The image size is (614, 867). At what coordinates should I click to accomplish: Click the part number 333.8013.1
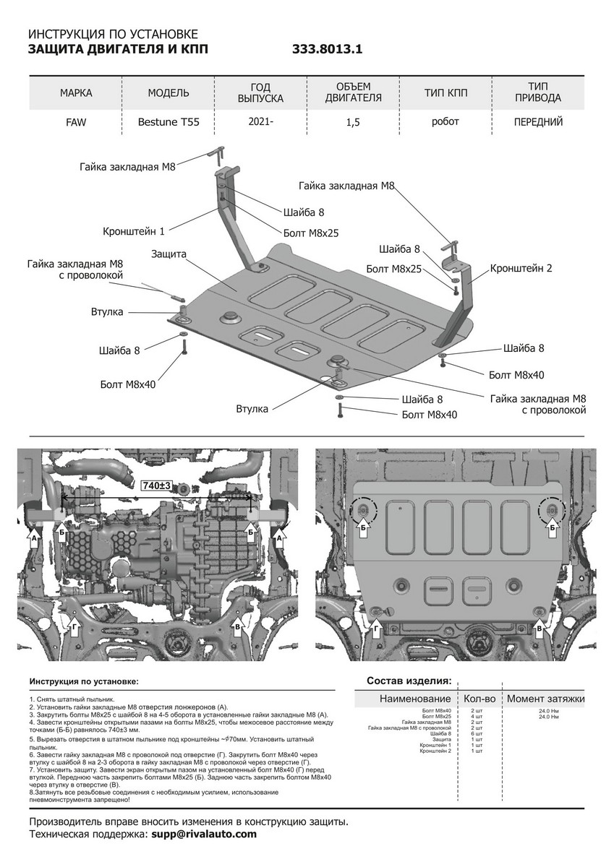click(326, 50)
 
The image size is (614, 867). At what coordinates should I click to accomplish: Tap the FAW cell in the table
click(75, 122)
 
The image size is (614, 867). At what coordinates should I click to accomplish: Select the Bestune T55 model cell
click(169, 122)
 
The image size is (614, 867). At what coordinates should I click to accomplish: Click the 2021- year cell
click(261, 122)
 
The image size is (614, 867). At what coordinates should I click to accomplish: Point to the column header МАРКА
click(76, 93)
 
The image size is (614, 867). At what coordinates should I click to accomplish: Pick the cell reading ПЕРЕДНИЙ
click(538, 122)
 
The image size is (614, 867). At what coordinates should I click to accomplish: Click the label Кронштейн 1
click(134, 231)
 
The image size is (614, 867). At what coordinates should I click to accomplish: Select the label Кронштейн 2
click(521, 268)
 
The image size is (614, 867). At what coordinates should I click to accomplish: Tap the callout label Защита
click(169, 254)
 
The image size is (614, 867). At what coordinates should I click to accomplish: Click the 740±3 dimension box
click(156, 488)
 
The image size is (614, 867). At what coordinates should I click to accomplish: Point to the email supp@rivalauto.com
click(204, 834)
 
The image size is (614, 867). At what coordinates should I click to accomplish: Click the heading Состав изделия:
click(409, 681)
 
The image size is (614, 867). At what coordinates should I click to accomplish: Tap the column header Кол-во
click(479, 699)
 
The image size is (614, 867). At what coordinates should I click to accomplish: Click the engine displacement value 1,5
click(353, 123)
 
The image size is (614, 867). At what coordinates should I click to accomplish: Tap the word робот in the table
click(445, 121)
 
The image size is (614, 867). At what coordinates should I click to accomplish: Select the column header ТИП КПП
click(445, 93)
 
